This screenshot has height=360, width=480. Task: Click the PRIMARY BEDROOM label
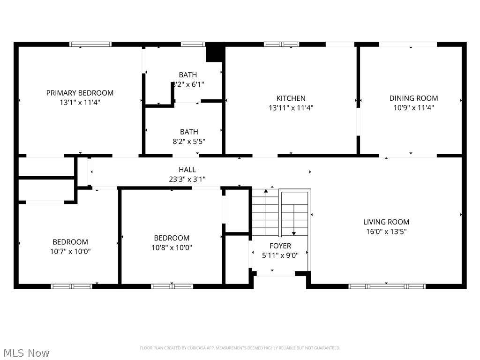click(80, 93)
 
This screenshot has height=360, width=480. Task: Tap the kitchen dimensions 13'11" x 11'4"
click(291, 107)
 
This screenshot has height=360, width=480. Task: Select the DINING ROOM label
click(413, 98)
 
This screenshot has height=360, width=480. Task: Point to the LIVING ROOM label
click(386, 222)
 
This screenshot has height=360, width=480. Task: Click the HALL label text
click(187, 170)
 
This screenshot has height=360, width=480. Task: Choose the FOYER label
click(280, 246)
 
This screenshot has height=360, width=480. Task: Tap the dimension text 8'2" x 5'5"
click(189, 141)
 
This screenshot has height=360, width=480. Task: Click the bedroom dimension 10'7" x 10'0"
click(70, 251)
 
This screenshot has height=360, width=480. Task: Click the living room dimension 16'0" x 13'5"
click(386, 231)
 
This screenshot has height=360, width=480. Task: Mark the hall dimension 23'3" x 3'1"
click(187, 179)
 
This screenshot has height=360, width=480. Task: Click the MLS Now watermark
click(26, 352)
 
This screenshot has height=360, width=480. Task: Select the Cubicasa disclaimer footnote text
click(240, 348)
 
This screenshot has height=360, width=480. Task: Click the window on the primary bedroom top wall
click(90, 44)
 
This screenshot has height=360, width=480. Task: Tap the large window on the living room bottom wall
click(387, 286)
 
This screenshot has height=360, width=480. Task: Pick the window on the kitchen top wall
click(281, 44)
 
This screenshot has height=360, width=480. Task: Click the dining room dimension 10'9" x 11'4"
click(413, 107)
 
